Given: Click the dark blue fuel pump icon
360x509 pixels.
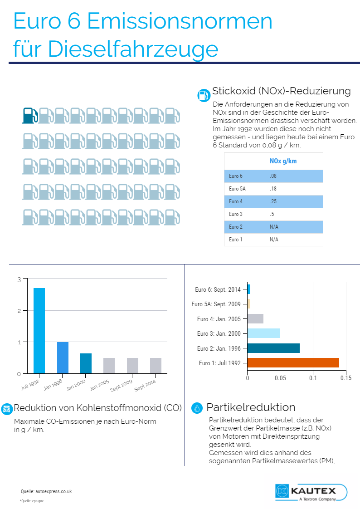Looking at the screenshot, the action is pyautogui.click(x=30, y=116).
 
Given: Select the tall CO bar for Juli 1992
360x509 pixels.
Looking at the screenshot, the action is pyautogui.click(x=39, y=331).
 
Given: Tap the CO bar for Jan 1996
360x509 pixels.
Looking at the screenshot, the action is pyautogui.click(x=63, y=358).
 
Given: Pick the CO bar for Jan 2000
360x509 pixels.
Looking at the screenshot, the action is pyautogui.click(x=86, y=363).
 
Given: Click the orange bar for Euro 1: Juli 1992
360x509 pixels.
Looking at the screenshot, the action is pyautogui.click(x=293, y=362).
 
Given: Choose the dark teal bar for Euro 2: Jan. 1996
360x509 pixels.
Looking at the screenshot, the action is pyautogui.click(x=273, y=348).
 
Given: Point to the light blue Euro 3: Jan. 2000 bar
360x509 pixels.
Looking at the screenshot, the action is pyautogui.click(x=264, y=333).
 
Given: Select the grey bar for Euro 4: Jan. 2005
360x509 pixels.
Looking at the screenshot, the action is pyautogui.click(x=256, y=319).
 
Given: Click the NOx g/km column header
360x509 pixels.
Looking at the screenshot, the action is pyautogui.click(x=283, y=161).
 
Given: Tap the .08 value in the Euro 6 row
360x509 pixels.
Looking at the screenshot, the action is pyautogui.click(x=273, y=176).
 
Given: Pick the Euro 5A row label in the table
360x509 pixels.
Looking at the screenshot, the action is pyautogui.click(x=237, y=189).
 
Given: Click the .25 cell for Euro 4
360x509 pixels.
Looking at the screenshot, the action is pyautogui.click(x=273, y=201).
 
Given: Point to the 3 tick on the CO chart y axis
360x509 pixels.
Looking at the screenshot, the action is pyautogui.click(x=19, y=279).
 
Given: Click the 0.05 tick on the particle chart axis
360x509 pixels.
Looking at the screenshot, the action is pyautogui.click(x=280, y=378).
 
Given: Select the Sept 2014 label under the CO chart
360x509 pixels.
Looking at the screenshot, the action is pyautogui.click(x=145, y=385).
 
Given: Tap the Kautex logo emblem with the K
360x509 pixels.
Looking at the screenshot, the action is pyautogui.click(x=282, y=490).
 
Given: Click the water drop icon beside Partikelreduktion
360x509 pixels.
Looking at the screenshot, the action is pyautogui.click(x=197, y=408).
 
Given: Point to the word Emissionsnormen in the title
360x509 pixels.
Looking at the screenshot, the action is pyautogui.click(x=180, y=21).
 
